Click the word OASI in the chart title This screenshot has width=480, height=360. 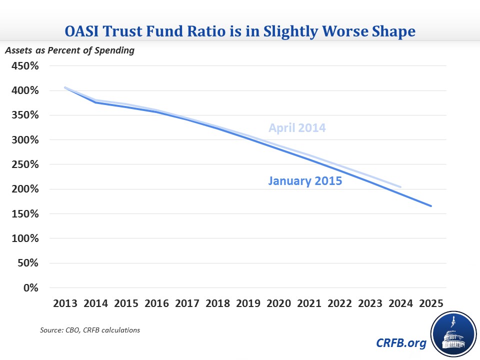81,31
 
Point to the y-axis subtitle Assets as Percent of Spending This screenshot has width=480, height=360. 70,50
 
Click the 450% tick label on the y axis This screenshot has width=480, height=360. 25,66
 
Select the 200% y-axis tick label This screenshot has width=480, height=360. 25,189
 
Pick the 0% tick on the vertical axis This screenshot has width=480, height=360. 31,288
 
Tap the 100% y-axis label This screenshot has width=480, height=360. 25,238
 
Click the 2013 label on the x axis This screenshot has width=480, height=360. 65,303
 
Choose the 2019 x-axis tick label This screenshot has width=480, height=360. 248,303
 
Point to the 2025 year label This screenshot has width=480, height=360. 431,303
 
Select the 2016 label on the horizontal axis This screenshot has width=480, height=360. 156,303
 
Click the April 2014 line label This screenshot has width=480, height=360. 297,128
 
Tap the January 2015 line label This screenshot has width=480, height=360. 305,181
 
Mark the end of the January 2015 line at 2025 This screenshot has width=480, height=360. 431,206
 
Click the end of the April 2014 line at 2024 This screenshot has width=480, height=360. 400,186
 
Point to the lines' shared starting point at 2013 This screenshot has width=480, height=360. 65,88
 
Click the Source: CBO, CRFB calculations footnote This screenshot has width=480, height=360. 90,330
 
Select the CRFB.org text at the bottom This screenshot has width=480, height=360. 401,343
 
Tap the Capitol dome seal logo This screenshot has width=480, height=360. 454,334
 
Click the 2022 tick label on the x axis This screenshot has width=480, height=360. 340,303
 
